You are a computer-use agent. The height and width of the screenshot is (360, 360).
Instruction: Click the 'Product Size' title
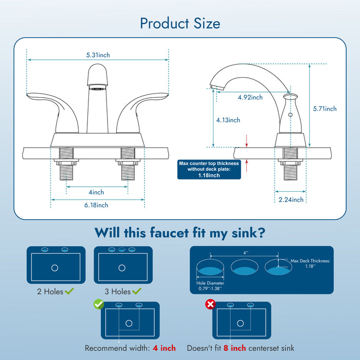click(x=180, y=24)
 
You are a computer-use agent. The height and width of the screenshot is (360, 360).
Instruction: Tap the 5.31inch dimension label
click(x=98, y=55)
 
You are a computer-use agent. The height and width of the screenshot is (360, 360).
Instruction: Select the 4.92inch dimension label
click(x=250, y=97)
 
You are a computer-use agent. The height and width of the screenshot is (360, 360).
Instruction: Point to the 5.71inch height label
click(x=325, y=109)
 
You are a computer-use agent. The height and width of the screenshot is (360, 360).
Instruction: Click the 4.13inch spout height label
click(x=228, y=120)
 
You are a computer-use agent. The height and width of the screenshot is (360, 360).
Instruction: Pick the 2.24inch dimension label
click(x=291, y=200)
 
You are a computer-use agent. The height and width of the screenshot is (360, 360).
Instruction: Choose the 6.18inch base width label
click(x=97, y=205)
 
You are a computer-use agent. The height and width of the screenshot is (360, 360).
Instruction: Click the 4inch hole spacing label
click(x=97, y=192)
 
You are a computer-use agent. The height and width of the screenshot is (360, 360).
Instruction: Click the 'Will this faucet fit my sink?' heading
click(x=180, y=233)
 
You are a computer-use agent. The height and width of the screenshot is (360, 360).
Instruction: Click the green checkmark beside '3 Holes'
click(x=137, y=292)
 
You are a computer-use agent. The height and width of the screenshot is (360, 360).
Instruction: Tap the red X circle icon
click(x=210, y=304)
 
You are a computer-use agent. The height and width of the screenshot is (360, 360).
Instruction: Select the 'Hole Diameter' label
click(x=210, y=283)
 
